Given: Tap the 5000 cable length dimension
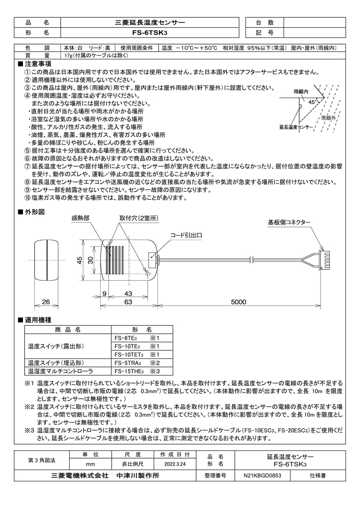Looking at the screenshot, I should pos(239,302).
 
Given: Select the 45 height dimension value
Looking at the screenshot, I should pos(79,260).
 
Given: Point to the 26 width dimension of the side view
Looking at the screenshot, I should pos(46,302).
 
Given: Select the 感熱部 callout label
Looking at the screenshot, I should pos(80,218).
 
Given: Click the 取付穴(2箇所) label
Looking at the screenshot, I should pos(138,218).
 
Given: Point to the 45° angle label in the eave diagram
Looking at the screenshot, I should pos(312,102).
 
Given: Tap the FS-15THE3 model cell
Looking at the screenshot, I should pos(129,371).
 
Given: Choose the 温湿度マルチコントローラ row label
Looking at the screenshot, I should pos(54,371).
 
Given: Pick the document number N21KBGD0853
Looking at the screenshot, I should pos(262,476).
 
